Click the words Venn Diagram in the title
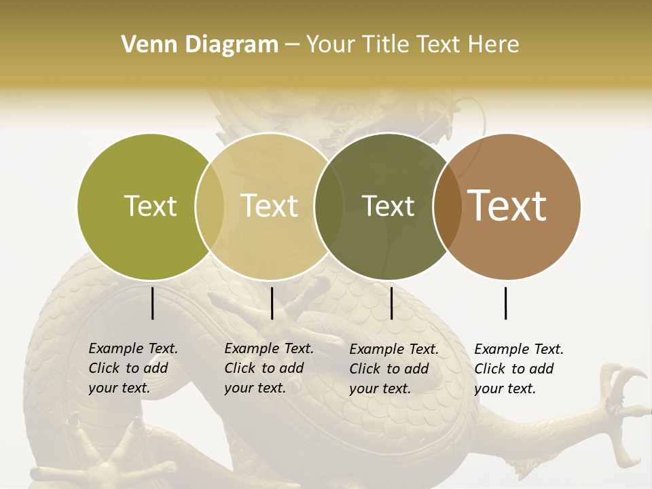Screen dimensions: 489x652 (200, 45)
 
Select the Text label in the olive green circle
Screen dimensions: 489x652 (150, 206)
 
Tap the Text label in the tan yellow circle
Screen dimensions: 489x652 (269, 206)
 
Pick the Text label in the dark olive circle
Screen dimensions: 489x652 (388, 206)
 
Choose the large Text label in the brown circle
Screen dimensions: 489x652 (507, 206)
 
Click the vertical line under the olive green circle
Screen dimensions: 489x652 (152, 303)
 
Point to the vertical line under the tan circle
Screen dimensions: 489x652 (272, 303)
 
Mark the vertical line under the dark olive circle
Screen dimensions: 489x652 (391, 303)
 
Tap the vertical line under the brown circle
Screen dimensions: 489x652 (506, 303)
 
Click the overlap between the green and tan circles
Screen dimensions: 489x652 (210, 206)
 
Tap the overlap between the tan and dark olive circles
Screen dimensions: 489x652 (329, 206)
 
